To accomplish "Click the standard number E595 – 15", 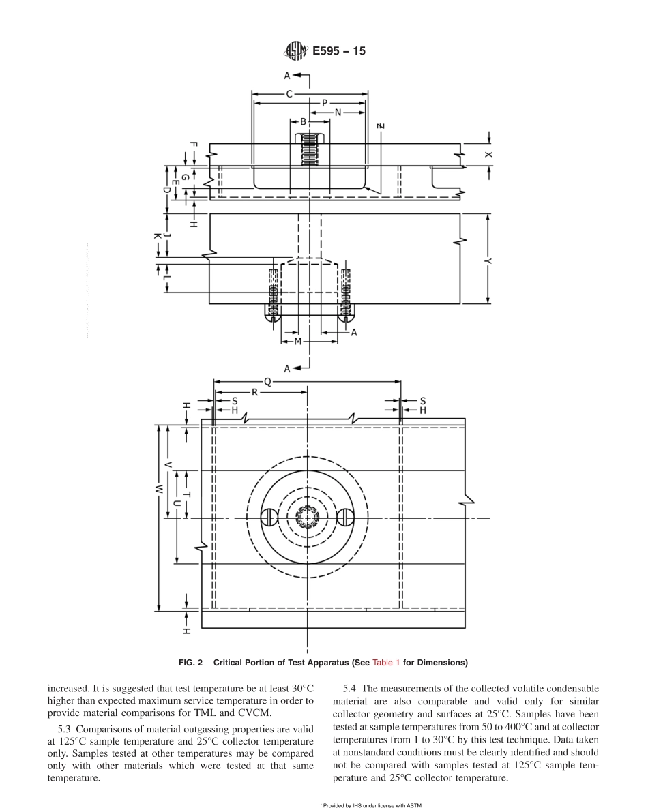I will pos(338,50).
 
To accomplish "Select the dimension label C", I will pos(289,93).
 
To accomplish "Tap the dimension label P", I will pos(324,103).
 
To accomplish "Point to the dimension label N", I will pos(338,113).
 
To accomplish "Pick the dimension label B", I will pos(303,122).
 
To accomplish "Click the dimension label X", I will pos(488,155).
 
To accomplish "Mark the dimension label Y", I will pos(488,259).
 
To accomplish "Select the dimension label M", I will pos(297,340).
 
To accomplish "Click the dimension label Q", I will pos(267,383).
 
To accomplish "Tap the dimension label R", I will pos(254,393).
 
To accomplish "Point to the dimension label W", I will pos(158,489).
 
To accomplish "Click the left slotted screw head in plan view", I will pos(270,518).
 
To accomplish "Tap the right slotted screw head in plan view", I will pos(347,518).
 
